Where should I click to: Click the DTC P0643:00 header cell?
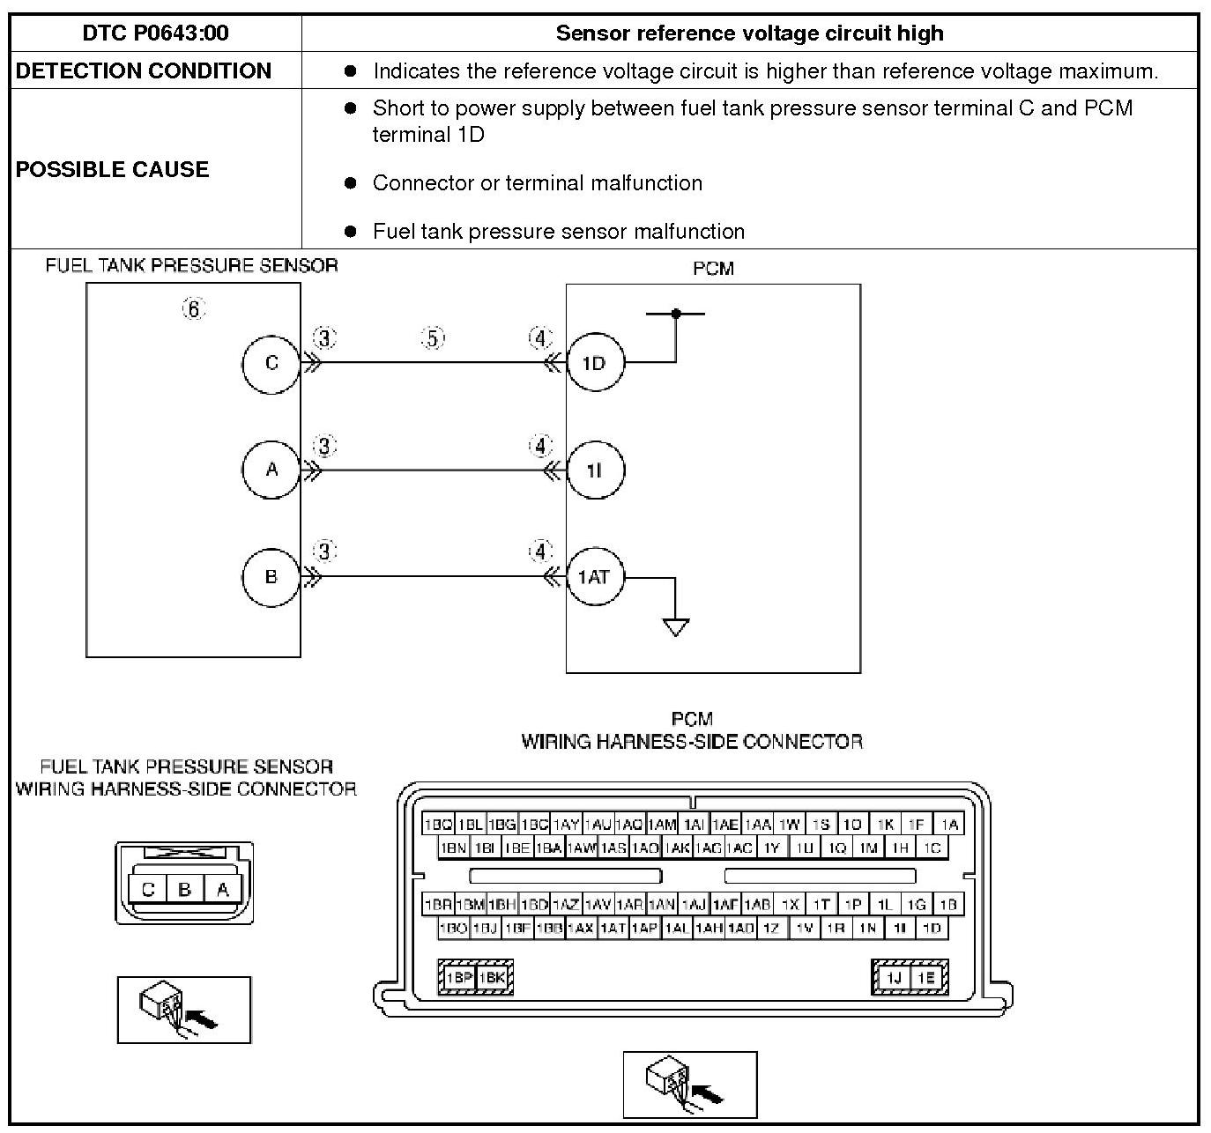(155, 33)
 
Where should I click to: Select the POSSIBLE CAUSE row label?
(112, 169)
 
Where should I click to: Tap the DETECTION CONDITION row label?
(144, 71)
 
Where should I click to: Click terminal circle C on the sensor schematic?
(271, 363)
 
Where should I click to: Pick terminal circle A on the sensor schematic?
(271, 470)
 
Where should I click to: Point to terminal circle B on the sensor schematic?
(271, 577)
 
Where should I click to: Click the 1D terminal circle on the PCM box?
(594, 363)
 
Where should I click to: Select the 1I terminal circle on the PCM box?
(594, 470)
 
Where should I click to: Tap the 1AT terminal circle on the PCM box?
(594, 577)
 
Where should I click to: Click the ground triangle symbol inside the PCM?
(676, 626)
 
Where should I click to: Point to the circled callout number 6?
(193, 308)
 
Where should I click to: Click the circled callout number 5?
(433, 338)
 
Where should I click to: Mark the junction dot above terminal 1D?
(676, 313)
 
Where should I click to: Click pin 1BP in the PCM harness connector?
(458, 977)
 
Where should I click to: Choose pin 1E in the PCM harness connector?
(925, 977)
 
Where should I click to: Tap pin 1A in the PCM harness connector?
(948, 825)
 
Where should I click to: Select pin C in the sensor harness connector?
(148, 889)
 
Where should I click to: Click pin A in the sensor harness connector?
(223, 889)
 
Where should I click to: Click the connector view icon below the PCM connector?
(690, 1085)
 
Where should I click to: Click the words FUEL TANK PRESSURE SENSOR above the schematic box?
(191, 265)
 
